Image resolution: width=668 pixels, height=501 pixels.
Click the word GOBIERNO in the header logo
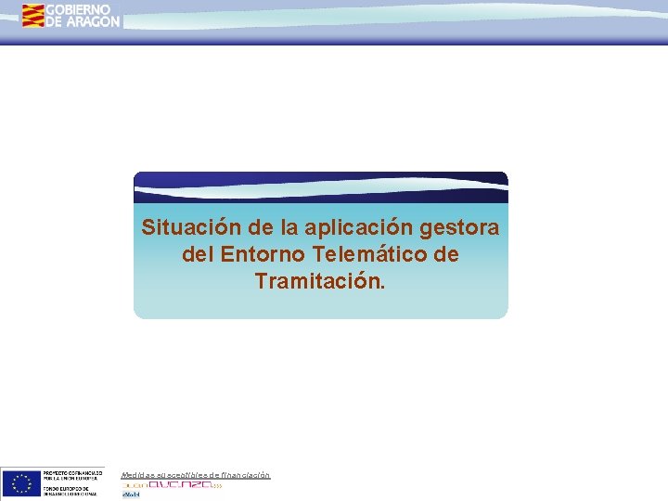(x=78, y=9)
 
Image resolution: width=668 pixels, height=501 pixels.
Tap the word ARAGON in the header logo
(x=92, y=21)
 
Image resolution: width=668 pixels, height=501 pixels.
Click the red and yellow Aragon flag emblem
(x=33, y=15)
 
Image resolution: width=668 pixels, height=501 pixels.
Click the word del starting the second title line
(x=198, y=254)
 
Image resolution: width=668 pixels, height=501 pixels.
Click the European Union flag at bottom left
(x=20, y=483)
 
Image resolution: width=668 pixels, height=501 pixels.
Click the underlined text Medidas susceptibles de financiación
(x=196, y=475)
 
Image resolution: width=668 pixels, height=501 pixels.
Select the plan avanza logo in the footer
(x=173, y=484)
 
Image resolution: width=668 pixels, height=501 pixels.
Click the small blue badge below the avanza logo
(x=130, y=495)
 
